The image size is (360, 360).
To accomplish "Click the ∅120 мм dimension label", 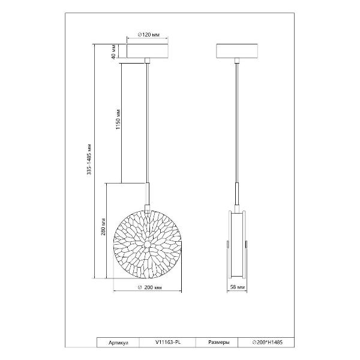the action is tap(149, 35).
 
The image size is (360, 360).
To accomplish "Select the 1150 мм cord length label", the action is tap(118, 118).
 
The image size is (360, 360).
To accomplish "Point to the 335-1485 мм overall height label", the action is tap(89, 160).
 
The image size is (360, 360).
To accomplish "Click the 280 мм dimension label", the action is tap(103, 227).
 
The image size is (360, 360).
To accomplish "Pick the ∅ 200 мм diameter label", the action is tap(149, 287).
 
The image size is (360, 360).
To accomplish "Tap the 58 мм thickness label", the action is tap(238, 287).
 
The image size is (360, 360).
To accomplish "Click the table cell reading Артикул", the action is tap(118, 343).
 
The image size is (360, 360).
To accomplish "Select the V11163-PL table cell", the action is tap(168, 343).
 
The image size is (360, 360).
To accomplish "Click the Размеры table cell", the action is tap(219, 343).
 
